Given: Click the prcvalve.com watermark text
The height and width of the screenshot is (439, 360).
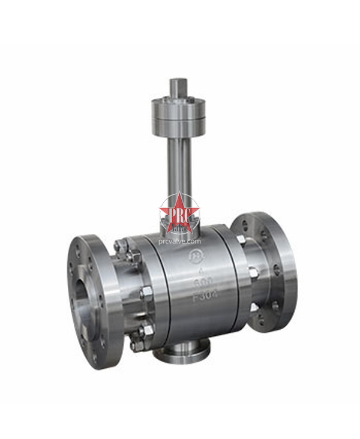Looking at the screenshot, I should click(x=179, y=241).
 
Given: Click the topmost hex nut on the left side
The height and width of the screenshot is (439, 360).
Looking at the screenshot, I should click(x=120, y=245).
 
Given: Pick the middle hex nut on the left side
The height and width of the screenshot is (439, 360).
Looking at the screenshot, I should click(x=144, y=293).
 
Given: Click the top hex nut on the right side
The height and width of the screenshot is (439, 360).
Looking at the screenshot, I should click(x=240, y=240).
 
